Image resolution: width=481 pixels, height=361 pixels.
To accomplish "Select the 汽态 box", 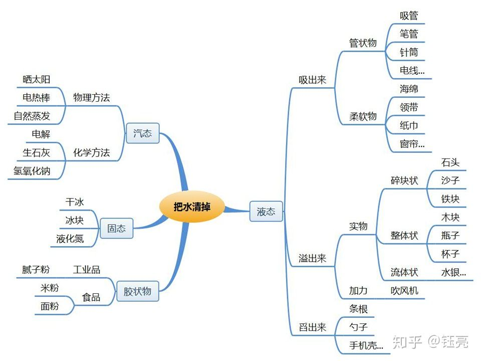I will coord(142,133).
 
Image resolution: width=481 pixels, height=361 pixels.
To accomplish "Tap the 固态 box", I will coord(117,229).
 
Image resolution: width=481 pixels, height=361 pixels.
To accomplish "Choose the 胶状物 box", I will coord(137,291).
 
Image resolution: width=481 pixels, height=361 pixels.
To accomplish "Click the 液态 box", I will coord(266,211).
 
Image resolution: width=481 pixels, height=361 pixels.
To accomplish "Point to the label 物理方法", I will coord(91,97).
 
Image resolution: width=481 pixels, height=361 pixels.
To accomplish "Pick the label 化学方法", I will coord(91,152).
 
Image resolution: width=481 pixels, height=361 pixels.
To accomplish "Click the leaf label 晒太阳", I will coord(37,79).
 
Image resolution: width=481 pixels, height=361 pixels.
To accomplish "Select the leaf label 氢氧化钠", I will coord(32,171).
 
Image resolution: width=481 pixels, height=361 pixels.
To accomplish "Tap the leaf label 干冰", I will coord(75,202).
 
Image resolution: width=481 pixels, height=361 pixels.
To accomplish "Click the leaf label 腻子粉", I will coord(36,270).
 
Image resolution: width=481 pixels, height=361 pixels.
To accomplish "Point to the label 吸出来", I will coord(312,80).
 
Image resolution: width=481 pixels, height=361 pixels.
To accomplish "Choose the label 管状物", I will coord(363,43).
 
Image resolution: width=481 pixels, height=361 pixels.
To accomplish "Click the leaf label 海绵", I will coord(409,89).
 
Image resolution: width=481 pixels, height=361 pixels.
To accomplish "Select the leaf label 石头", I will coord(450,162).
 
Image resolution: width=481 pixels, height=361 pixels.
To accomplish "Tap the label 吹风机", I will coord(404,291).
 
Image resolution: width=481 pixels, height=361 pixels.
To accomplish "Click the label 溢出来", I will coord(312,259).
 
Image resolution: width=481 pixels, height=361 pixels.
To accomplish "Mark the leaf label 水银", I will coord(453,273).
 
